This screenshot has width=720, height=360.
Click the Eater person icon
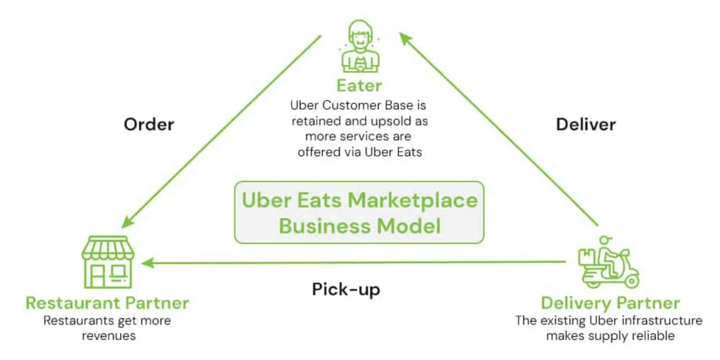360,47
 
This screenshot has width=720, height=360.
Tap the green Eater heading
360,86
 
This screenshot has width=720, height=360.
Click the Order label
149,124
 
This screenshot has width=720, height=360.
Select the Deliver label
586,124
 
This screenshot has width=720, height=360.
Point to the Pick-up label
346,289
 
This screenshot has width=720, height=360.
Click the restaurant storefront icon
108,262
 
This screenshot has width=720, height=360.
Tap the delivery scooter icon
609,262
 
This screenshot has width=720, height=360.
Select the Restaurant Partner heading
108,303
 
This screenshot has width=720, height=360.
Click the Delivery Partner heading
611,303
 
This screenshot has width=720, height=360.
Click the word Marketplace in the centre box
413,201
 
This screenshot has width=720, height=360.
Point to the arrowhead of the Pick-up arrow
148,263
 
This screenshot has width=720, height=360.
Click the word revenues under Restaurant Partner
108,336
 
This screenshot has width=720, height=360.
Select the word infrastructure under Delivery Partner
662,321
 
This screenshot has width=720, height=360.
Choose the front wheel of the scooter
631,281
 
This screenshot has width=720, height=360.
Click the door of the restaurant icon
97,276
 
